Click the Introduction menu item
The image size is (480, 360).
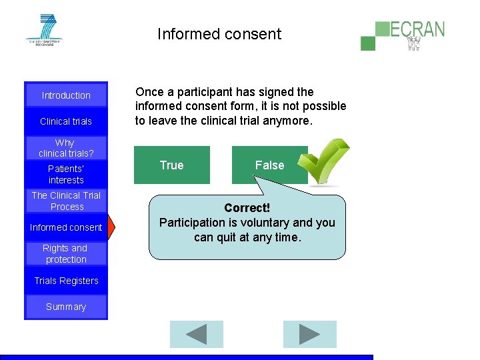66,95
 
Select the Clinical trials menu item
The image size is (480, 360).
66,121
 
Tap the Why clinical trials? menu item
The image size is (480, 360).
65,148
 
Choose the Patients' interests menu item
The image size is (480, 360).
66,174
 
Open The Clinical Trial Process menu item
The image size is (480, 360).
66,201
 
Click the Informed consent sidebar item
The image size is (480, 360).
66,227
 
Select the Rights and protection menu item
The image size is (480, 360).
65,253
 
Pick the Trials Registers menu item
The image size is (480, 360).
66,281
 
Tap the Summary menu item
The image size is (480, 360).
66,307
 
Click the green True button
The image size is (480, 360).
172,165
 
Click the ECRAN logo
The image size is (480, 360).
403,34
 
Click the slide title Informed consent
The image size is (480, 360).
219,34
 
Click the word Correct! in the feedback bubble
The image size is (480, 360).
247,208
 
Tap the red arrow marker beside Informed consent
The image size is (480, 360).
111,227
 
